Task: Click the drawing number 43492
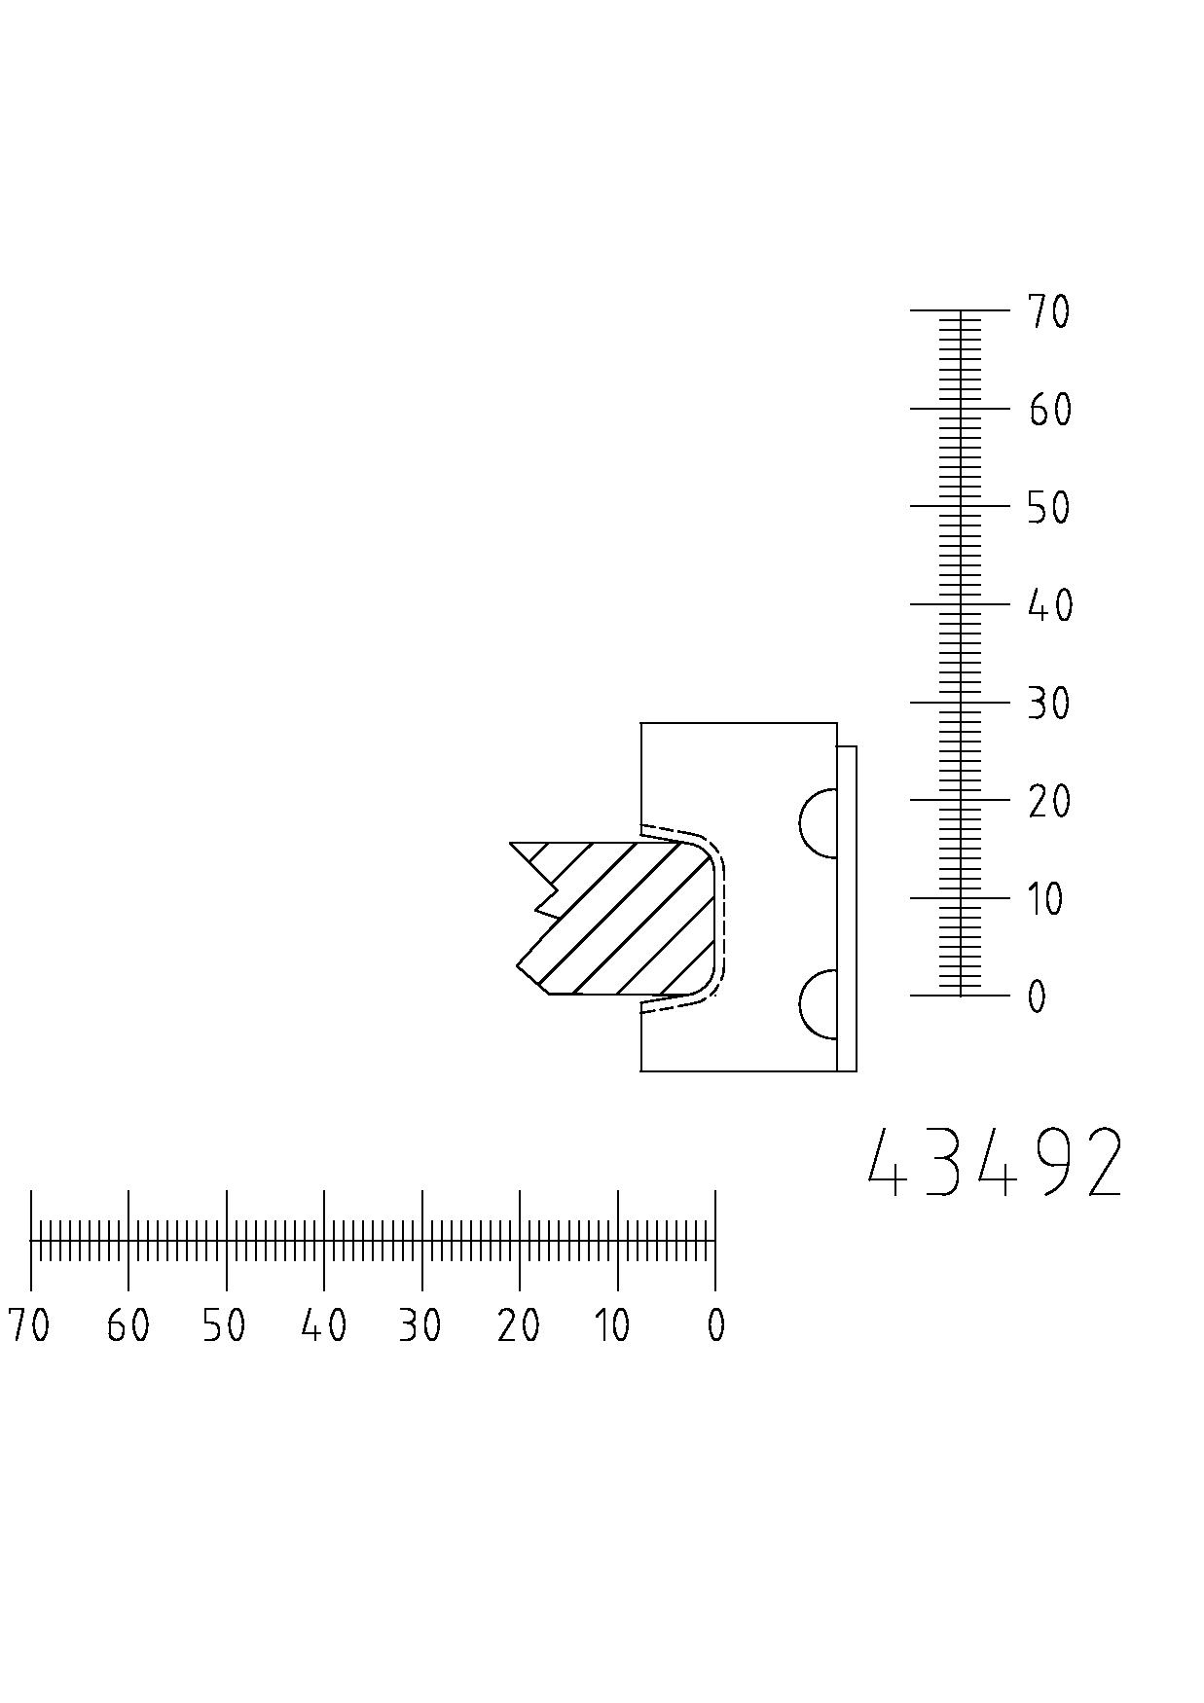(995, 1162)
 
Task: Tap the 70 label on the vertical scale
(1049, 312)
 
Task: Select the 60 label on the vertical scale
(1050, 411)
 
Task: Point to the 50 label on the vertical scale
(1049, 508)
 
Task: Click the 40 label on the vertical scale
(1050, 605)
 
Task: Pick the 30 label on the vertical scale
(1049, 704)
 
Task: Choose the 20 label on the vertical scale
(1049, 802)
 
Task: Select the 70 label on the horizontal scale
(29, 1325)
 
